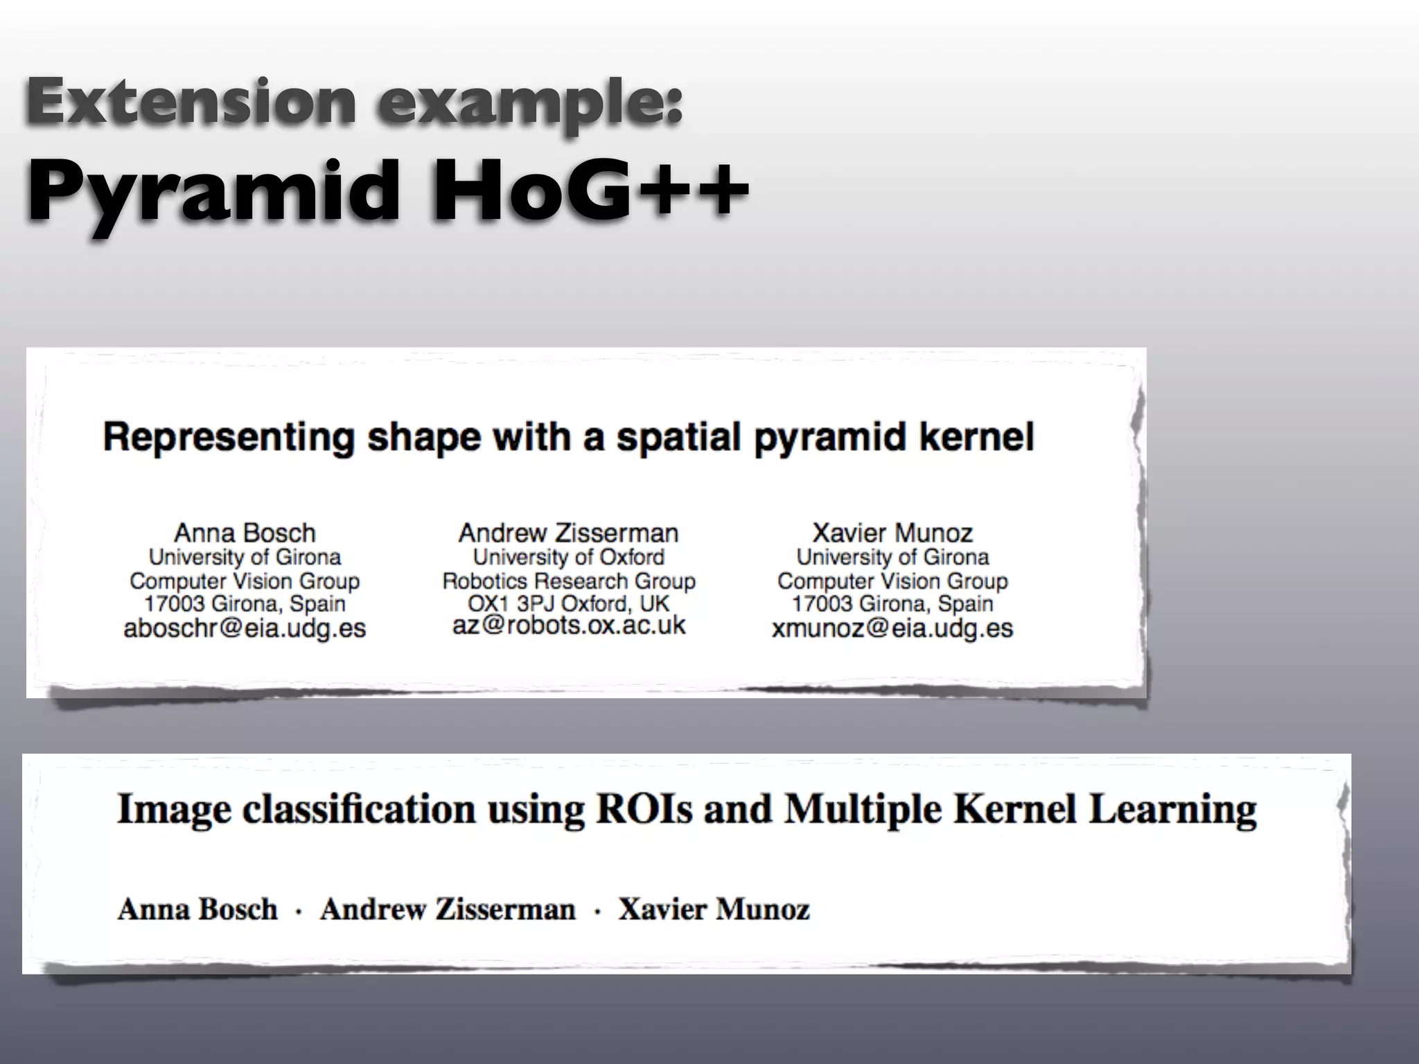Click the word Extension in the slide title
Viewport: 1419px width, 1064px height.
coord(191,101)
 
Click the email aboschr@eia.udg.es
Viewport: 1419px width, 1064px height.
coord(244,628)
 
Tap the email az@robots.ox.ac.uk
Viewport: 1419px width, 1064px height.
coord(568,626)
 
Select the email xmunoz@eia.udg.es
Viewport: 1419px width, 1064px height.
coord(892,628)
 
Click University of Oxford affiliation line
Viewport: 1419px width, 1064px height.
coord(568,557)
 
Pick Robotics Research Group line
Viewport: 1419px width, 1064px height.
coord(568,580)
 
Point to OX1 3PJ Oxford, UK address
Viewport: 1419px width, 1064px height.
coord(568,603)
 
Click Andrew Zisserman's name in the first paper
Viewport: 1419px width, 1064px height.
coord(568,533)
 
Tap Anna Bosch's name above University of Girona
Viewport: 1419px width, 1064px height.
coord(245,533)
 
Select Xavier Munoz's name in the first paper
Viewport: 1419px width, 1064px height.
coord(892,533)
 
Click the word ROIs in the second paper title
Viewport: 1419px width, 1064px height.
coord(644,809)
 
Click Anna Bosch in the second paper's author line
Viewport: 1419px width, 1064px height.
coord(197,909)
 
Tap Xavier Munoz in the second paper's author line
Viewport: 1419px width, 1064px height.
coord(714,909)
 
